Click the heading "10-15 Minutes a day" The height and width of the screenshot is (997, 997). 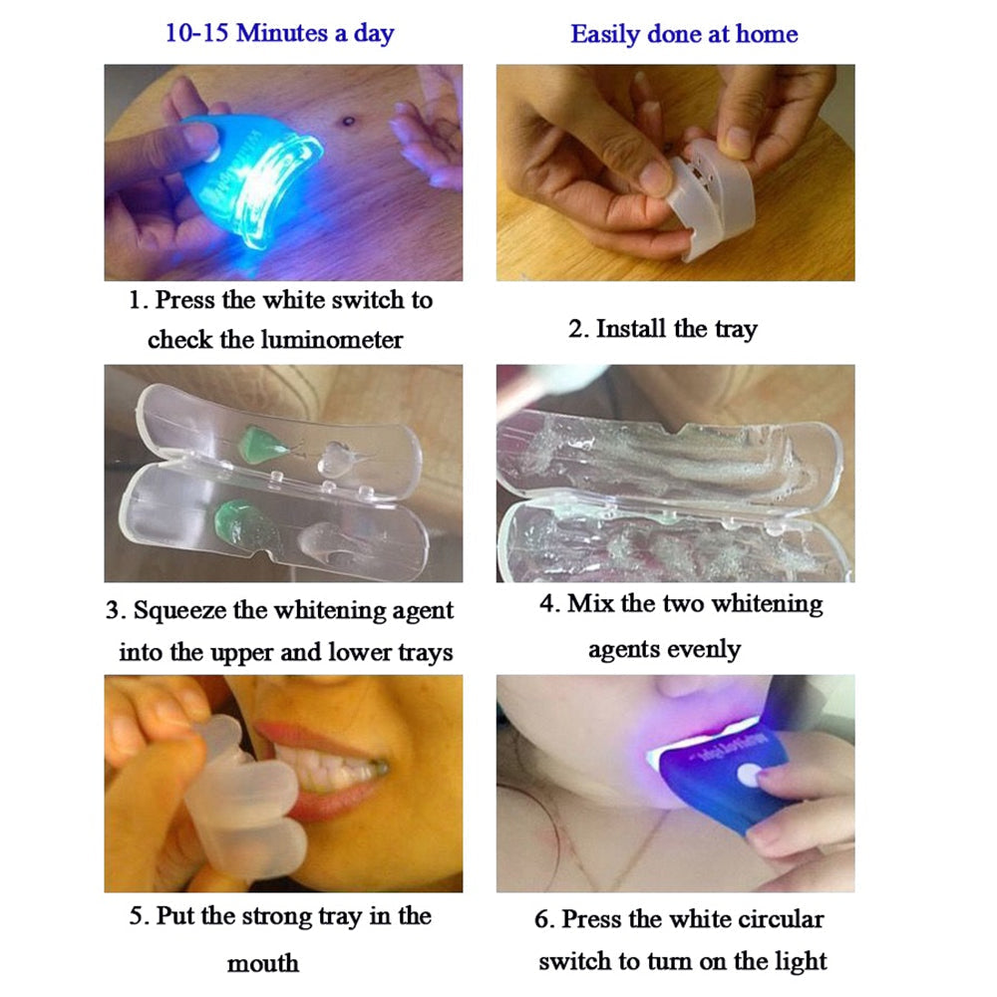pos(281,33)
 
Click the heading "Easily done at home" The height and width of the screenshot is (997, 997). pos(684,34)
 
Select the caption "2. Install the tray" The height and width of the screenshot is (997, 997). pos(663,329)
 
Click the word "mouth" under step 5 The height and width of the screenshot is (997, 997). pos(262,963)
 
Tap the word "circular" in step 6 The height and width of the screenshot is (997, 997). pos(781,919)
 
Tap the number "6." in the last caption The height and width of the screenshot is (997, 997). pos(544,919)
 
